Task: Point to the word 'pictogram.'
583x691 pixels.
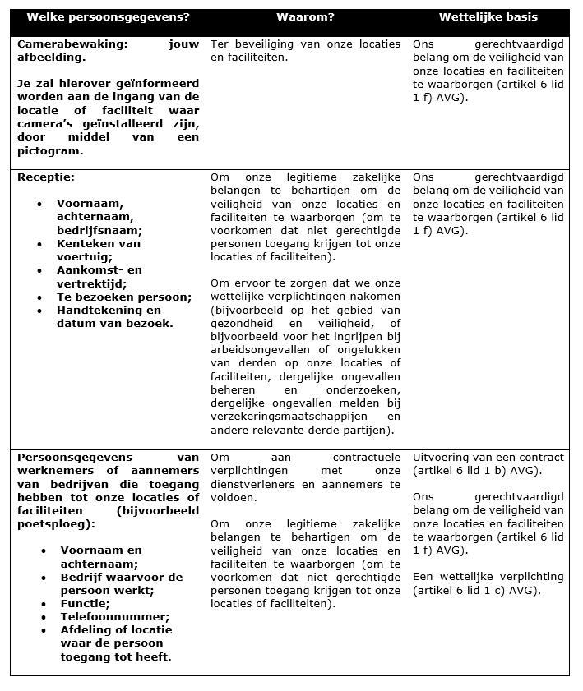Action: tap(49, 150)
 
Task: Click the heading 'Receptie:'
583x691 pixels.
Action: tap(46, 177)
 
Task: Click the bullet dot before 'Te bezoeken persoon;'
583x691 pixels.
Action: tap(39, 297)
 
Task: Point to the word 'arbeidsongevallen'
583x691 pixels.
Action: tap(259, 349)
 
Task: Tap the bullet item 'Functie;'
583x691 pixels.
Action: tap(82, 603)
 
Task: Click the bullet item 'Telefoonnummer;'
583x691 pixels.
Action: tap(104, 616)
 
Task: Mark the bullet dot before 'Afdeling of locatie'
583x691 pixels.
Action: tap(39, 630)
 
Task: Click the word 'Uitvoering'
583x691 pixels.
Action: tap(444, 457)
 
